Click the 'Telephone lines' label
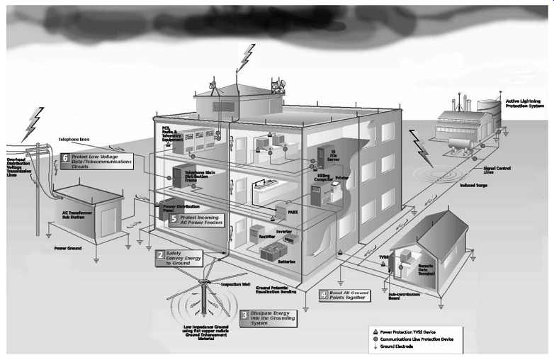[x=74, y=140]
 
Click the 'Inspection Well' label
[x=237, y=285]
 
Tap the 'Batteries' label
[x=297, y=262]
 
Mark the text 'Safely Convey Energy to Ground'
[x=181, y=257]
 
